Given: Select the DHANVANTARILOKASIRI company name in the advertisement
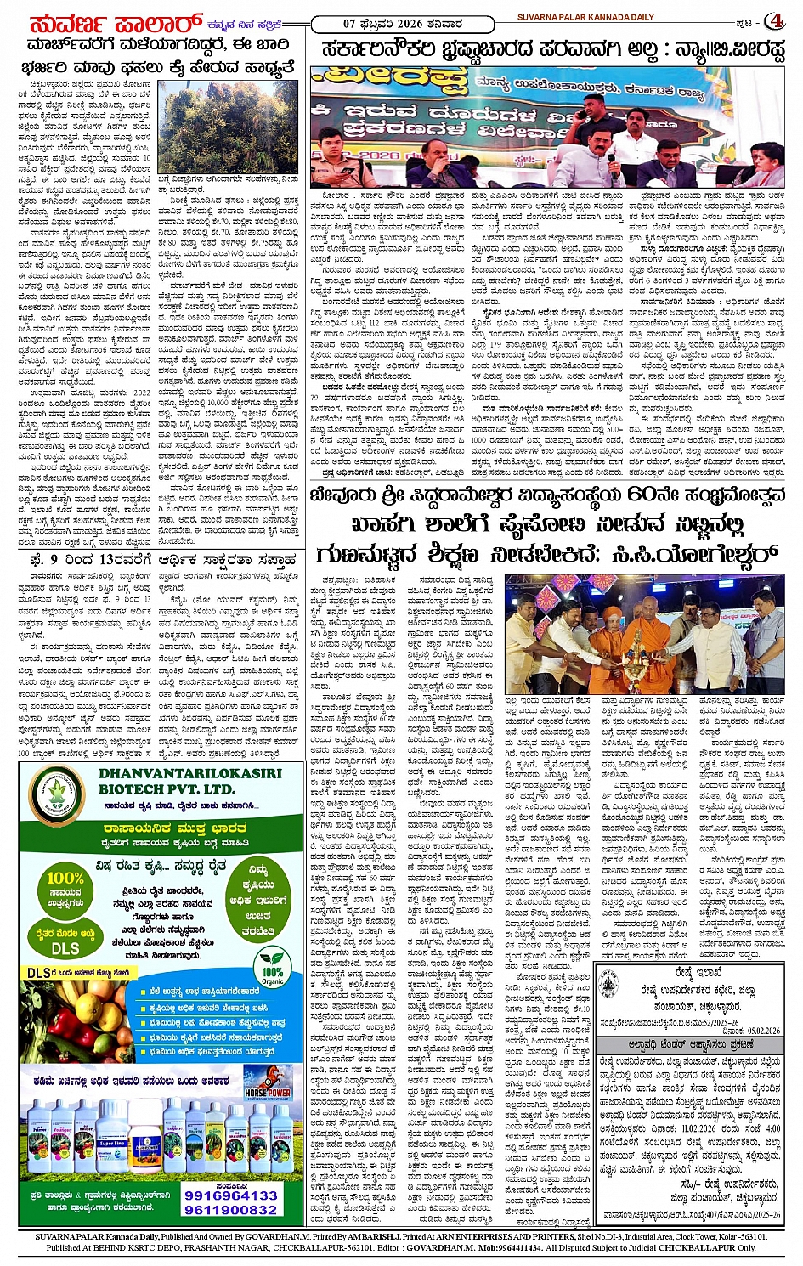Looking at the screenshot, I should click(x=189, y=773).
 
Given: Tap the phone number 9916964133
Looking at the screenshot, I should click(x=231, y=1194).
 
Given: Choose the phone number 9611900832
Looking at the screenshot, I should click(x=231, y=1210).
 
